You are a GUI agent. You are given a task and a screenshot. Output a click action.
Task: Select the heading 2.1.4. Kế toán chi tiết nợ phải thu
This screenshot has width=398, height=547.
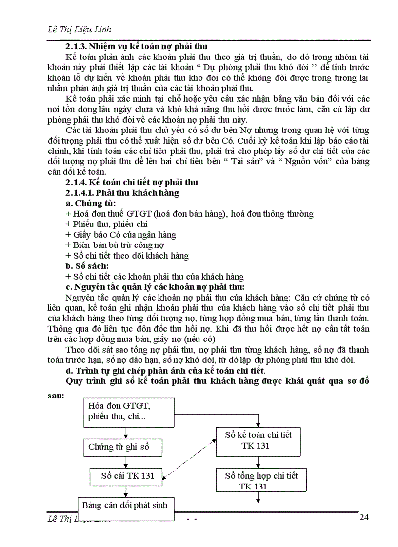coord(132,182)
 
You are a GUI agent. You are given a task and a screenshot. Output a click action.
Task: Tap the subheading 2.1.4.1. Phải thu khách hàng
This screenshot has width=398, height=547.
coord(122,192)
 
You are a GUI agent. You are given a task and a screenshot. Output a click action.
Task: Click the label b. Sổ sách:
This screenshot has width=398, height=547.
coord(87,266)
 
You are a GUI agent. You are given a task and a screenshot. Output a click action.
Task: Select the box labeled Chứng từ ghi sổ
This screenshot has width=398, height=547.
coord(125,447)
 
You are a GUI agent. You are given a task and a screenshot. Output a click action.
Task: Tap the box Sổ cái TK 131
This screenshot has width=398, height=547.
coord(126,476)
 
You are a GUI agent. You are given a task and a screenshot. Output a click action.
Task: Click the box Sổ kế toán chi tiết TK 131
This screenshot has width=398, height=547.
coord(258,440)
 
